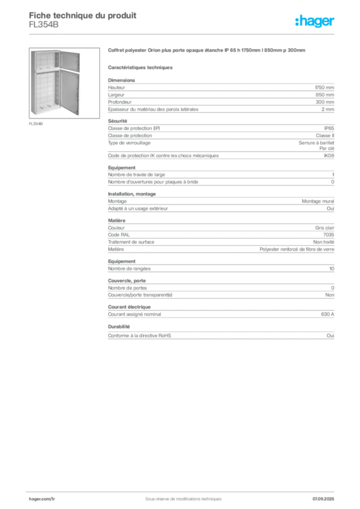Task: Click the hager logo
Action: coord(315,21)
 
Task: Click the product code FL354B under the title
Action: coord(44,25)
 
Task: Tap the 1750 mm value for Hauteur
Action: coord(324,87)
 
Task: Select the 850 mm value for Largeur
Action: coord(325,95)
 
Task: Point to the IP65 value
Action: coord(329,128)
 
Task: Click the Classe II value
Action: coord(325,136)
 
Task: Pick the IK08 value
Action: coord(329,156)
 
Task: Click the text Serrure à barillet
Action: coord(316,143)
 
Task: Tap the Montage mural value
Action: coord(318,201)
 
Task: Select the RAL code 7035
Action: coord(329,235)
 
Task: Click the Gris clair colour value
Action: coord(325,228)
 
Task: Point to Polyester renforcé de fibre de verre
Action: coord(297,250)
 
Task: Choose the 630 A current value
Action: coord(328,314)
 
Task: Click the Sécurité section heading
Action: coord(117,121)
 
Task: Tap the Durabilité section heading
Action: coord(119,327)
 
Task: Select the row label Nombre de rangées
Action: coord(129,269)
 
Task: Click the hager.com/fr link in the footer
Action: coord(42,499)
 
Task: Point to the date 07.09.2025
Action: coord(323,499)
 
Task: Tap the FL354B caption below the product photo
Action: coord(36,124)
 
